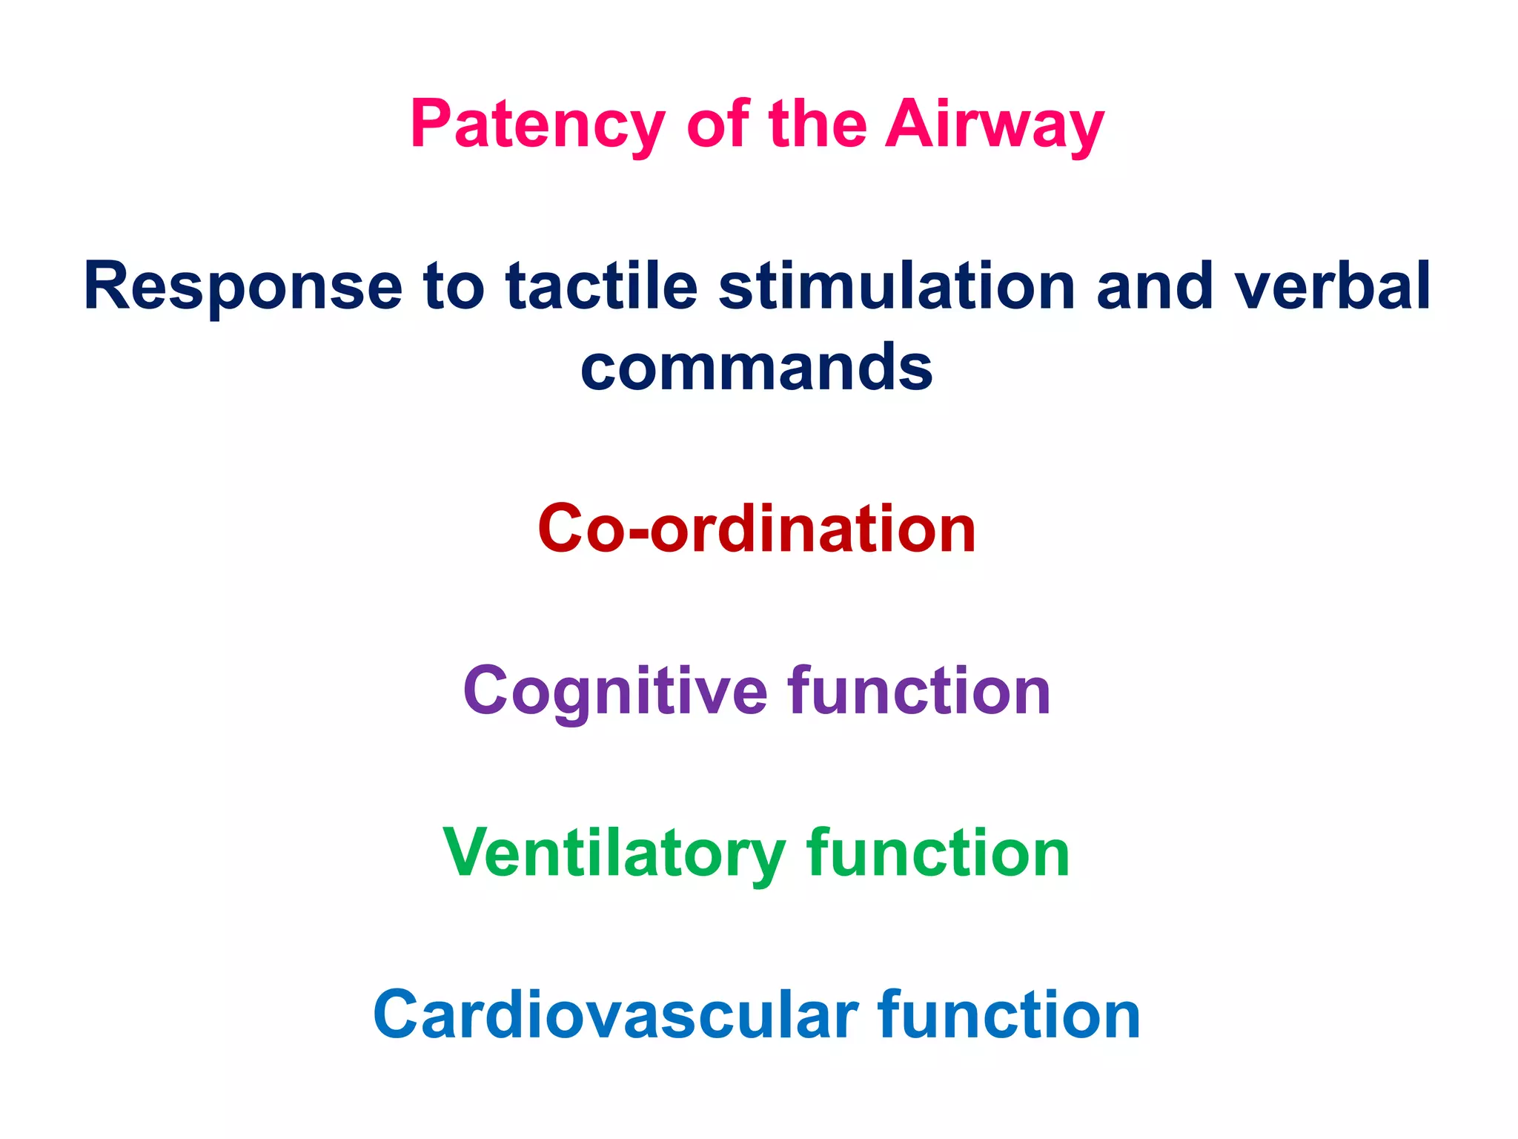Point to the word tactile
click(602, 286)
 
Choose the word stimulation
click(897, 286)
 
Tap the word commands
click(757, 368)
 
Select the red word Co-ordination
click(757, 529)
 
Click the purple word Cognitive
click(615, 691)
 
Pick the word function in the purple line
click(919, 691)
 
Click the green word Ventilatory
click(614, 854)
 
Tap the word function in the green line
click(938, 853)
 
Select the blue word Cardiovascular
click(615, 1015)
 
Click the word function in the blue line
click(1009, 1015)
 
